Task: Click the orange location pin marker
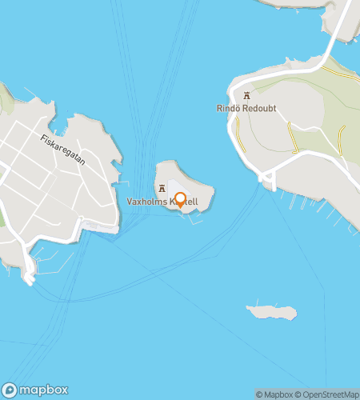(x=180, y=200)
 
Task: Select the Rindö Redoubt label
(x=246, y=108)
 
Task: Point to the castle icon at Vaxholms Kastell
(x=163, y=189)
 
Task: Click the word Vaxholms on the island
(x=146, y=202)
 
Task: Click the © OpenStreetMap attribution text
(x=328, y=394)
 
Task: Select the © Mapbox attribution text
(x=274, y=394)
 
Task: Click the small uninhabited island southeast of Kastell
(x=271, y=310)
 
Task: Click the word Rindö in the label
(x=226, y=108)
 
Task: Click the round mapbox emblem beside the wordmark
(x=10, y=390)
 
